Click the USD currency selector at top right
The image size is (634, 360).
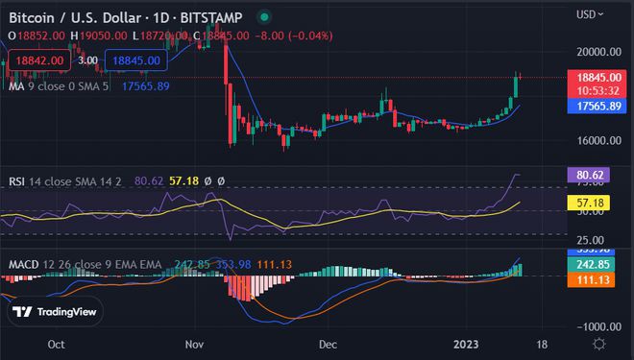tap(589, 14)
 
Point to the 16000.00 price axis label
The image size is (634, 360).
tap(599, 140)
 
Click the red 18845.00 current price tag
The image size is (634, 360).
tap(599, 77)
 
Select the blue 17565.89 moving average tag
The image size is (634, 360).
tap(599, 106)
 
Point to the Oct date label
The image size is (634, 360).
tap(56, 343)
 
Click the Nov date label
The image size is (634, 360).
tap(195, 343)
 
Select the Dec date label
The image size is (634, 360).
tap(329, 343)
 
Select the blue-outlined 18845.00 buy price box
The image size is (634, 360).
tap(135, 60)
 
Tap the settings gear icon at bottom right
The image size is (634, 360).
tap(599, 343)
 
